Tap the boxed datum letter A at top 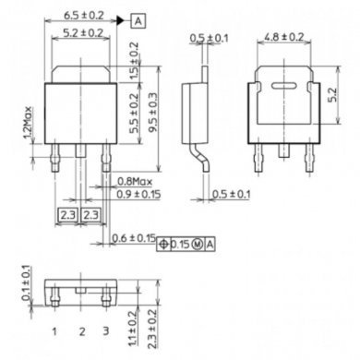(x=137, y=19)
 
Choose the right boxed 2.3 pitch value (x=91, y=214)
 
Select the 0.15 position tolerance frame (x=187, y=243)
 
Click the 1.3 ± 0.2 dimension (x=135, y=323)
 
